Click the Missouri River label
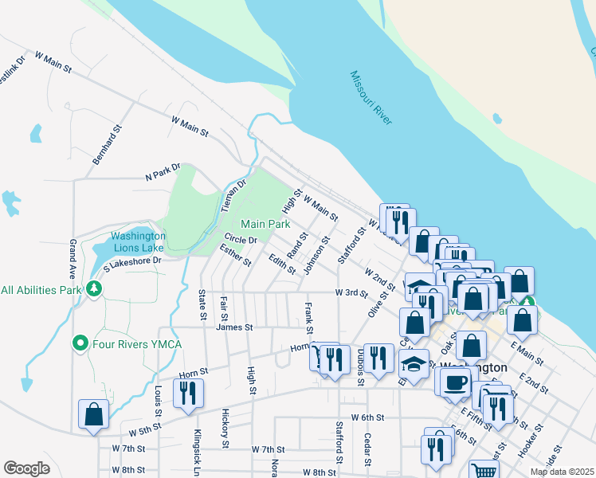point(371,97)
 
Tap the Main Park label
point(265,225)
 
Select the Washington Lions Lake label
point(138,241)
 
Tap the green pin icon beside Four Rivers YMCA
point(80,344)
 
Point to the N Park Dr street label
point(163,172)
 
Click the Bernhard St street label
point(107,144)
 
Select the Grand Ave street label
point(73,255)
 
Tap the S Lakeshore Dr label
point(131,261)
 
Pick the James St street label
point(234,327)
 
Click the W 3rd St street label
point(351,293)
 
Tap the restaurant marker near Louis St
point(188,394)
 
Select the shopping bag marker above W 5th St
point(94,414)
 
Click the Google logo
point(26,468)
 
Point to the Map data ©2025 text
point(561,472)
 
